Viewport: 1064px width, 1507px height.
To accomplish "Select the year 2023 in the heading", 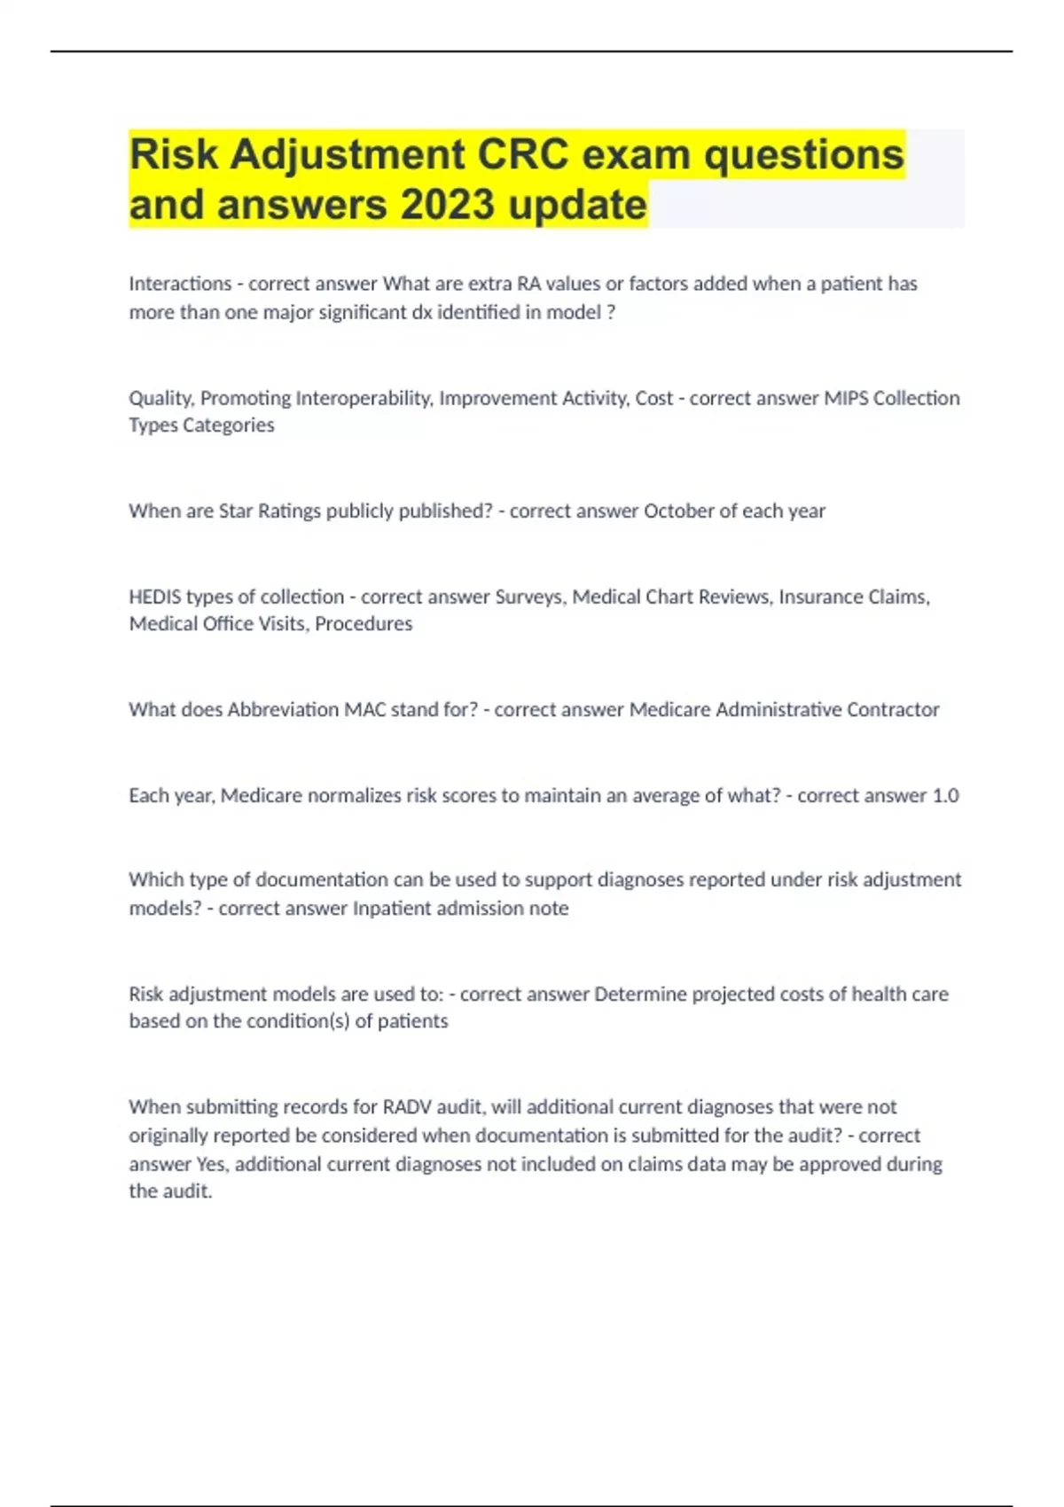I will pyautogui.click(x=447, y=205).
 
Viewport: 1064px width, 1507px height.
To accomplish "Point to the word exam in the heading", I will pyautogui.click(x=636, y=155).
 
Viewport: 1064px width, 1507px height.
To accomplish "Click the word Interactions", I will pyautogui.click(x=180, y=284).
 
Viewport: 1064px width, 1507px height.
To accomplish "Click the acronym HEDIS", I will pyautogui.click(x=155, y=597).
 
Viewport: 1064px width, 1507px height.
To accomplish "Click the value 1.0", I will pyautogui.click(x=945, y=795).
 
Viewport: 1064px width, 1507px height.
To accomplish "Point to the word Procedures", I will pyautogui.click(x=364, y=623).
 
